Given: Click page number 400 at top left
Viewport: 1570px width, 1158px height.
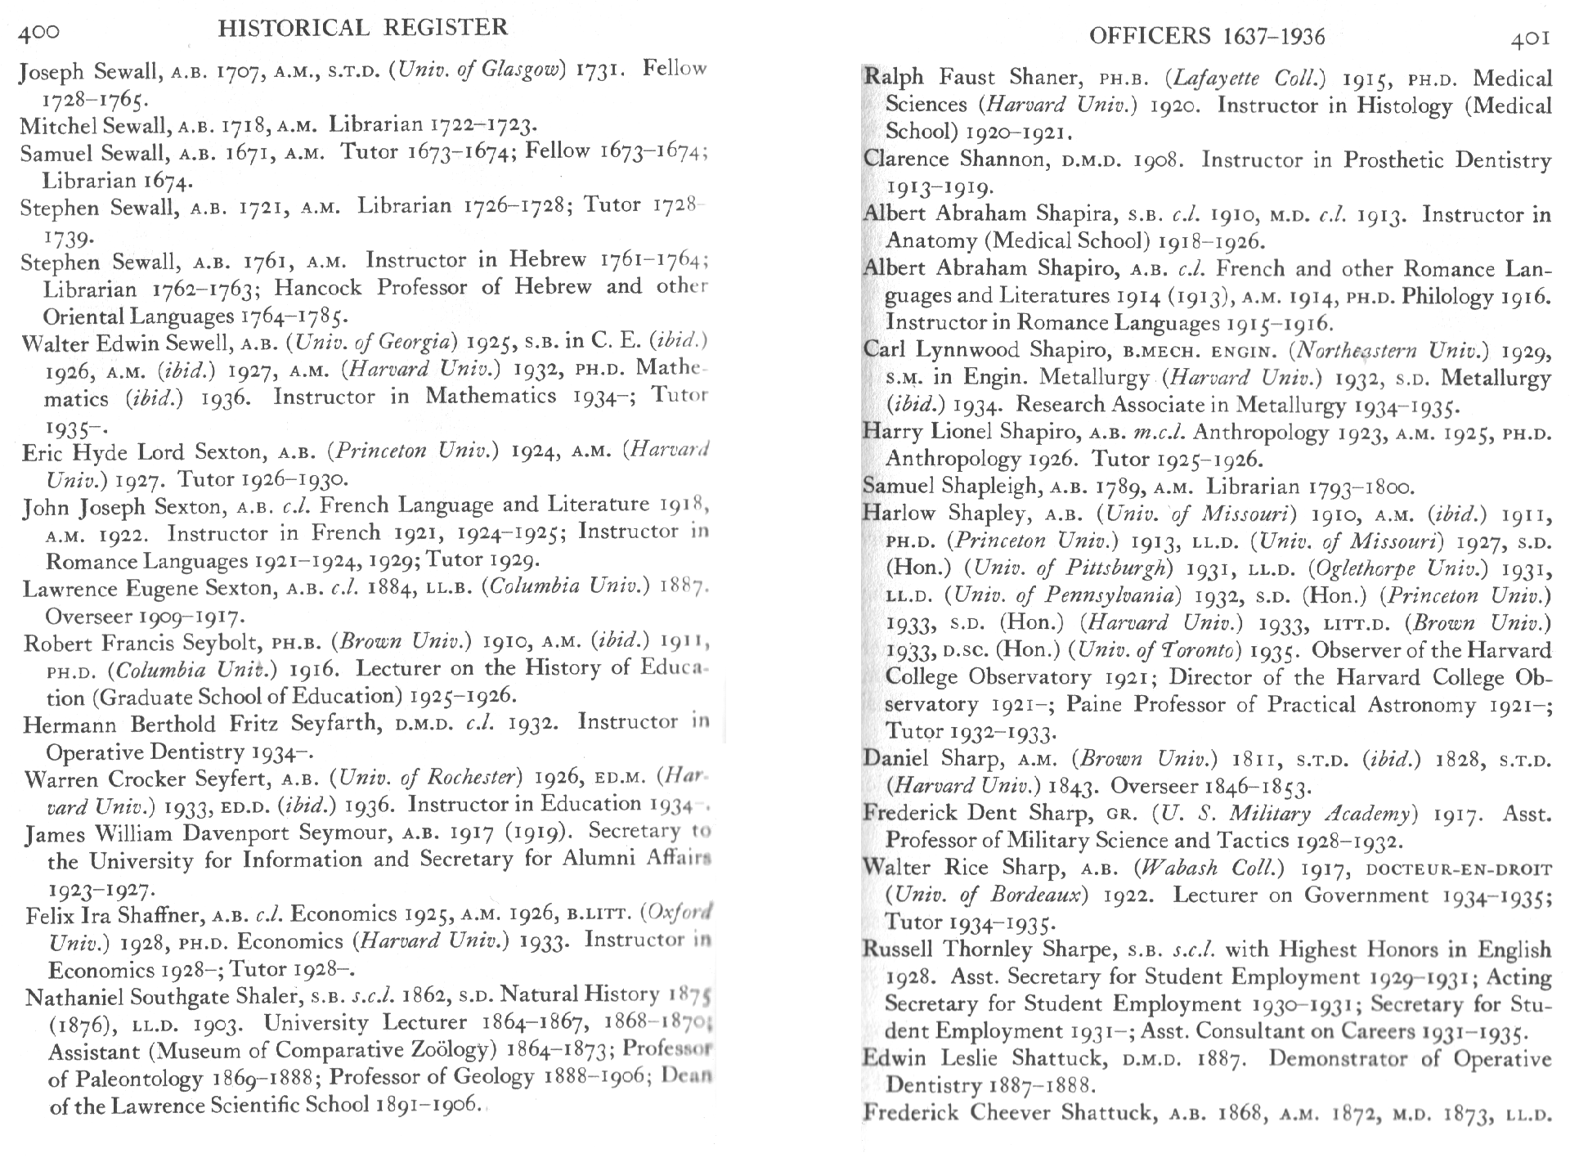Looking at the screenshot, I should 38,32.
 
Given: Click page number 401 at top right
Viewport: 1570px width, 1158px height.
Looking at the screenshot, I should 1530,38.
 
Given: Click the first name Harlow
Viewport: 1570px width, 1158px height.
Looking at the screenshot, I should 899,513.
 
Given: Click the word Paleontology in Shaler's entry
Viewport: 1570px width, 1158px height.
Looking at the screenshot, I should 124,1079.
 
